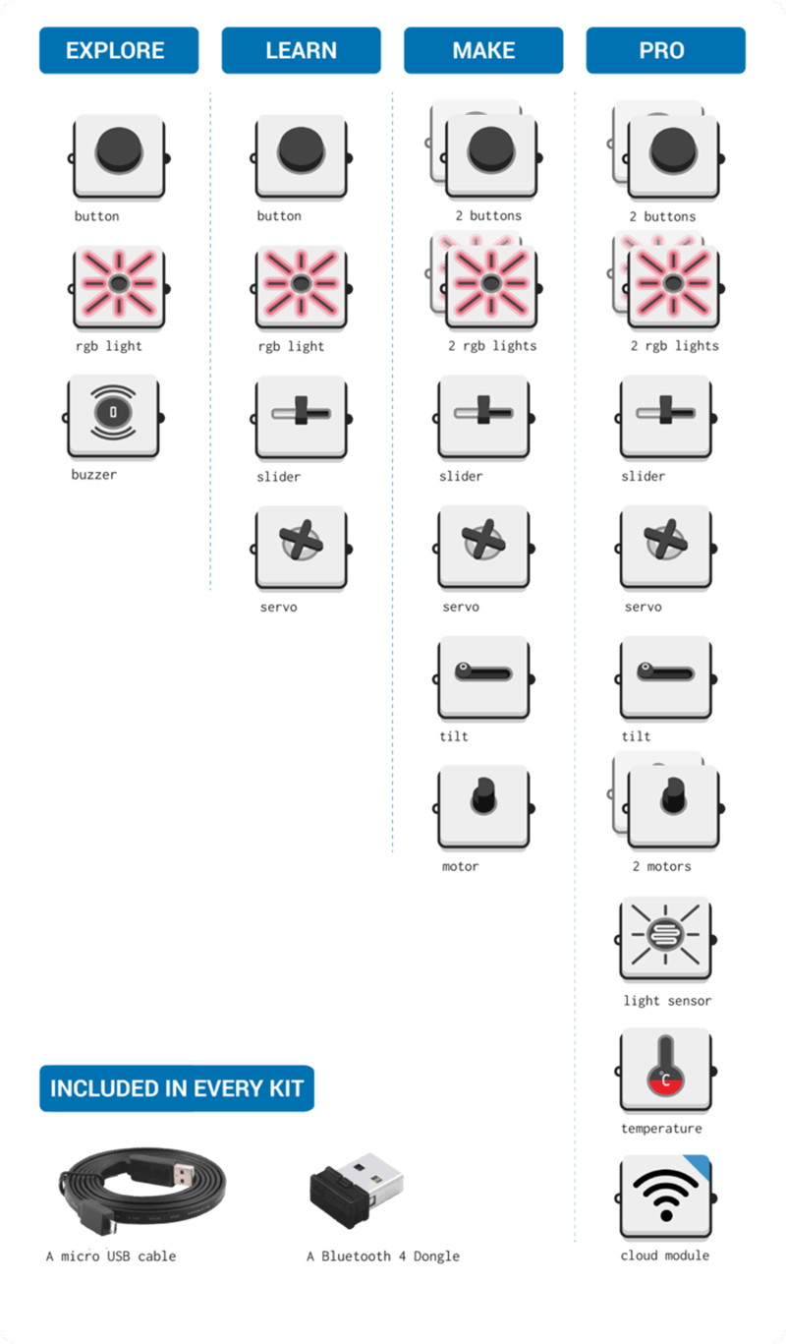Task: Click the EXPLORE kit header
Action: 119,50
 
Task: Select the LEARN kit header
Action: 301,50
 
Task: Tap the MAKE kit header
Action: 483,50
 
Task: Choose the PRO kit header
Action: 665,50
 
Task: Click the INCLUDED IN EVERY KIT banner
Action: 177,1088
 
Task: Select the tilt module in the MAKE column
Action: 483,675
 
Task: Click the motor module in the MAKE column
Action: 483,805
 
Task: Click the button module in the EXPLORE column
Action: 119,155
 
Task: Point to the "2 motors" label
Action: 661,866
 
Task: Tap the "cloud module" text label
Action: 664,1256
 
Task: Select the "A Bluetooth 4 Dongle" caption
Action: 382,1256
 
